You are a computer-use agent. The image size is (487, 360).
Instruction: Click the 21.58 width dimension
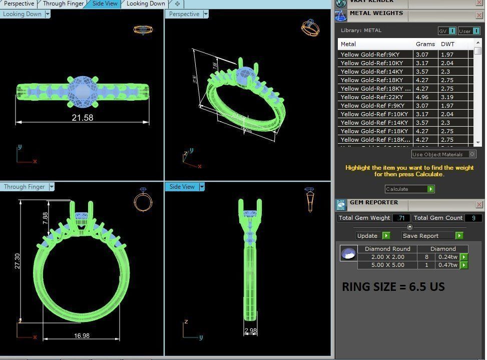click(x=82, y=118)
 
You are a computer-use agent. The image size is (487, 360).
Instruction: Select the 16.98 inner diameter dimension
click(x=82, y=335)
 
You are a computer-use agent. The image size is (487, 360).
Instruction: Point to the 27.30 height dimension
click(x=17, y=261)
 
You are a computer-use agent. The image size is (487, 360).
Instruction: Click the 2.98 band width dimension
click(x=251, y=331)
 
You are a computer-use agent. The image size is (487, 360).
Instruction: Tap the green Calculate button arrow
click(x=430, y=189)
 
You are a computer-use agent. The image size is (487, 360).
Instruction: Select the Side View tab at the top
click(x=105, y=4)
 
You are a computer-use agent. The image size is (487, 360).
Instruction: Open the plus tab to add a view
click(x=177, y=4)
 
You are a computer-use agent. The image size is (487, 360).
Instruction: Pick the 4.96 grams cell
click(x=422, y=97)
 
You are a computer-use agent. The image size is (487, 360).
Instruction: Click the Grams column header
click(x=425, y=44)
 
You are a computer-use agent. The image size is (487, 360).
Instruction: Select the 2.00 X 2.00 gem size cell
click(x=387, y=257)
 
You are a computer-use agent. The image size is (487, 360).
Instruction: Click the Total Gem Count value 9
click(x=473, y=218)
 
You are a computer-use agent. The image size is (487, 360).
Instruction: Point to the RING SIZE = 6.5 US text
click(x=393, y=287)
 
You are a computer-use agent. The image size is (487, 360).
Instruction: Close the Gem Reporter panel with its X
click(x=479, y=204)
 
